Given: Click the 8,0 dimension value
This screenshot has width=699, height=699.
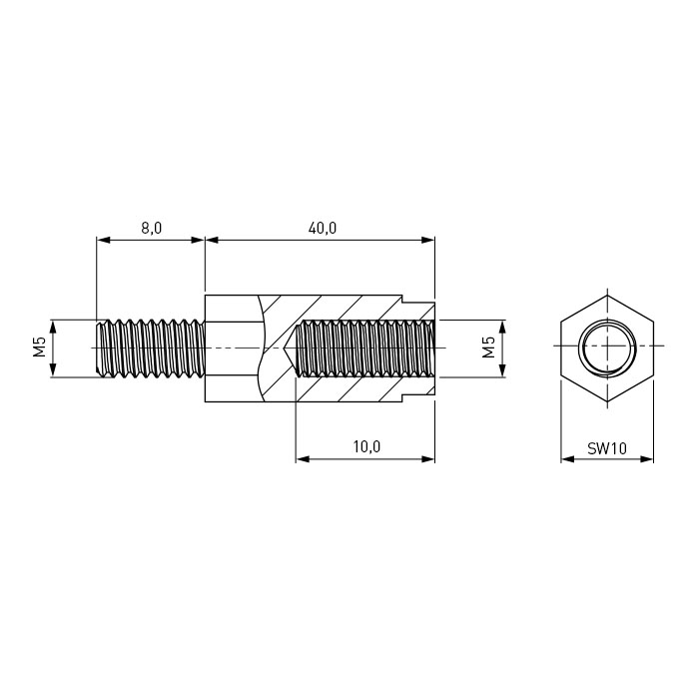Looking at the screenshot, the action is (x=152, y=229).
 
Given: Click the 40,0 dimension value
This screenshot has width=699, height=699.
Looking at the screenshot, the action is (x=323, y=229).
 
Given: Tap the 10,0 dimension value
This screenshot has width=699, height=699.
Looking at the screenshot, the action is (x=366, y=446).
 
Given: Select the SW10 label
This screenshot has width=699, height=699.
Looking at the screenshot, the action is (x=607, y=448).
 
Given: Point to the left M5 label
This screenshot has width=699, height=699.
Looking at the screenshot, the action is (x=40, y=347).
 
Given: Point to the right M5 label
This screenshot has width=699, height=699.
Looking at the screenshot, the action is (x=489, y=347).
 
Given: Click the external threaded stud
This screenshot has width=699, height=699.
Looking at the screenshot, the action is (x=151, y=349).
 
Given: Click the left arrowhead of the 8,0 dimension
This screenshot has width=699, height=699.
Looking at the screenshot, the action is (x=103, y=240).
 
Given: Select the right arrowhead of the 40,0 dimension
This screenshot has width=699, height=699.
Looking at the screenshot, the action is (x=428, y=240).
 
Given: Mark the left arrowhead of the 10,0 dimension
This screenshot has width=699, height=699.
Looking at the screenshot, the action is (x=303, y=458).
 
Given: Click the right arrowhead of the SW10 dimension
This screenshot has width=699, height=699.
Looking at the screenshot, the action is (x=647, y=458).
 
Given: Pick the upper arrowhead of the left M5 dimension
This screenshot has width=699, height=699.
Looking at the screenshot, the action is (x=53, y=327).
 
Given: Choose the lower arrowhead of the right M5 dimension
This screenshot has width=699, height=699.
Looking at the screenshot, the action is (x=502, y=370).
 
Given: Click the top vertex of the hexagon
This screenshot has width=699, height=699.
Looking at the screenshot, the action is (x=607, y=296).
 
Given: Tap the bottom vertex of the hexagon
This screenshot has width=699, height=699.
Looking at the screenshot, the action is (x=607, y=401).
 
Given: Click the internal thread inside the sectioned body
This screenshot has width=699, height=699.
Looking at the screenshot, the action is (x=365, y=349).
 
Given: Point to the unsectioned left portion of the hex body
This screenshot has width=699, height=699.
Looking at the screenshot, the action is (x=233, y=349).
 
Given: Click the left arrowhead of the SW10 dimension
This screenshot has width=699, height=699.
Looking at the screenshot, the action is (x=567, y=458).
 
